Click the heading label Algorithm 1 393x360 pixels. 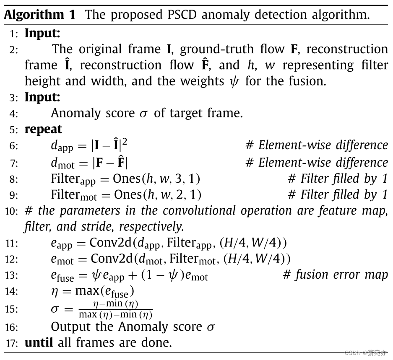click(40, 15)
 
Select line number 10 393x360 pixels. click(12, 211)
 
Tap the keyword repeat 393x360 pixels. click(43, 129)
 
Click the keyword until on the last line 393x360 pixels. click(39, 342)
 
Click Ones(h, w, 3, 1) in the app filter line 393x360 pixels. click(156, 179)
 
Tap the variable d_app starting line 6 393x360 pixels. click(62, 146)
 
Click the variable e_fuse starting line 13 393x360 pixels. click(62, 276)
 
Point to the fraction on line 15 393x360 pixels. click(116, 309)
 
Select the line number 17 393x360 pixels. click(12, 343)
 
